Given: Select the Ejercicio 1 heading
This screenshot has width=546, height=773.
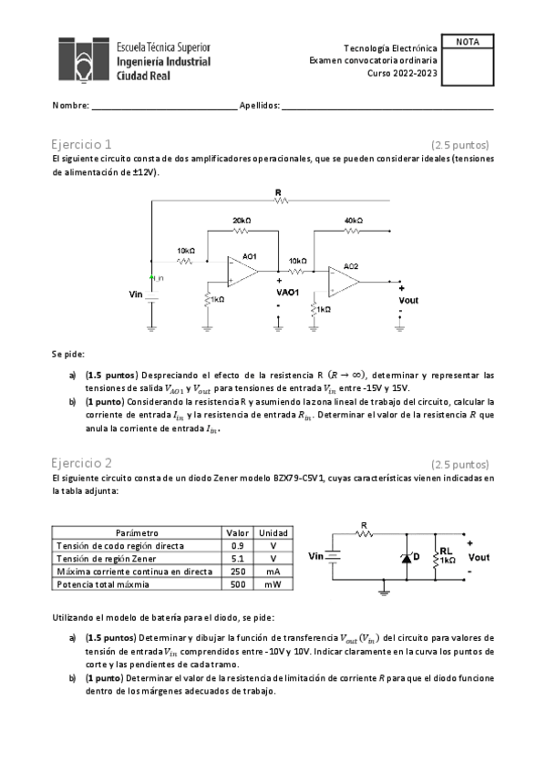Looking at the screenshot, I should coord(82,144).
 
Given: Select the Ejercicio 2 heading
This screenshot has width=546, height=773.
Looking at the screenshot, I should coord(82,462).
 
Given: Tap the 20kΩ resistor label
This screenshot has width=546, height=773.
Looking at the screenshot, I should coord(242,222).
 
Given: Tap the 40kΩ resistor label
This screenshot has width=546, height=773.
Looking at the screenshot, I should coord(354,222).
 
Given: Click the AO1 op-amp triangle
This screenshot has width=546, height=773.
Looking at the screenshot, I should coord(242,271).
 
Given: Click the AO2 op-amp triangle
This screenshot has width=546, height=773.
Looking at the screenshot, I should coord(344,281).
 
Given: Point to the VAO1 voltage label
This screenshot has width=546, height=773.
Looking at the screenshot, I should coord(288,293).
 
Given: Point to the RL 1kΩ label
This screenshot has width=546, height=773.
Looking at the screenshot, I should coord(447,556).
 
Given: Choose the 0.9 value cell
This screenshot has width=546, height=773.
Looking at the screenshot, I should coord(237,545).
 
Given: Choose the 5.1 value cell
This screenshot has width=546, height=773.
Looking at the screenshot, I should coord(237,558).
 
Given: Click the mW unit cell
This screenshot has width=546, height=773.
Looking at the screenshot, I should coord(273,583).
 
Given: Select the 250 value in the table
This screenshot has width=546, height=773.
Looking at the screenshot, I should coord(237,571).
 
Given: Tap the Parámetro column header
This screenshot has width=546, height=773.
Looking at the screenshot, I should coord(138,532).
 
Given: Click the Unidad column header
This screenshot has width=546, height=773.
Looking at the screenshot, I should coord(273,532).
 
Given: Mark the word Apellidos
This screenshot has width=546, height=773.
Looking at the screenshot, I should coord(259,106).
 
